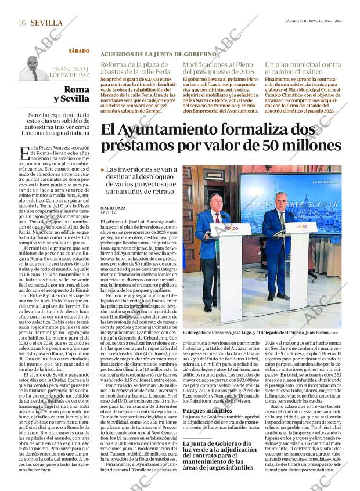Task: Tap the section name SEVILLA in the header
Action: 46,23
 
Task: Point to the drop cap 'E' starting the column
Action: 24,154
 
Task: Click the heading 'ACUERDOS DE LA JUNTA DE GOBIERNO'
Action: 158,53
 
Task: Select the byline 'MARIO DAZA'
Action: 113,207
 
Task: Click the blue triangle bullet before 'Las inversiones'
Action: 103,169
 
